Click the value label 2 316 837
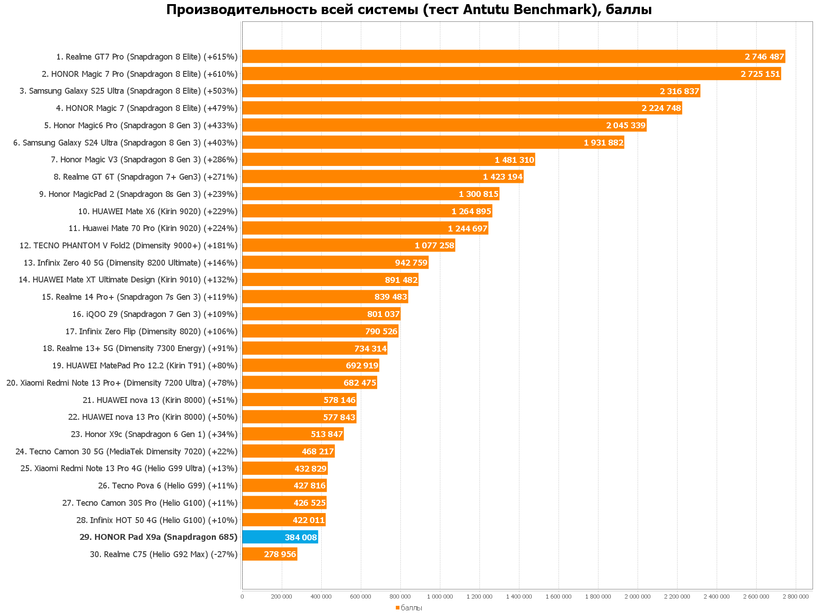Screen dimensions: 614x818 click(679, 91)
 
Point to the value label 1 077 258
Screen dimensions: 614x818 click(434, 246)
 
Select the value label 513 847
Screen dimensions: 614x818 click(327, 434)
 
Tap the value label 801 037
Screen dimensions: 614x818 click(383, 314)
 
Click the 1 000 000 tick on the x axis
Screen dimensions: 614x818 click(440, 597)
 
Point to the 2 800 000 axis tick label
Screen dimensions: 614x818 click(796, 597)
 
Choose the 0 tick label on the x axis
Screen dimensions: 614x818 click(242, 597)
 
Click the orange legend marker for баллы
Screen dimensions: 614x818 click(397, 608)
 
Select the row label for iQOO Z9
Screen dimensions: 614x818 click(155, 314)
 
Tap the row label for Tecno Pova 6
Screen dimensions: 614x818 click(168, 486)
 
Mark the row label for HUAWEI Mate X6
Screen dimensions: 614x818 click(158, 211)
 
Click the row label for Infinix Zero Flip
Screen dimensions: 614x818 click(151, 332)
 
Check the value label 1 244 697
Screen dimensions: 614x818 click(468, 228)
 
